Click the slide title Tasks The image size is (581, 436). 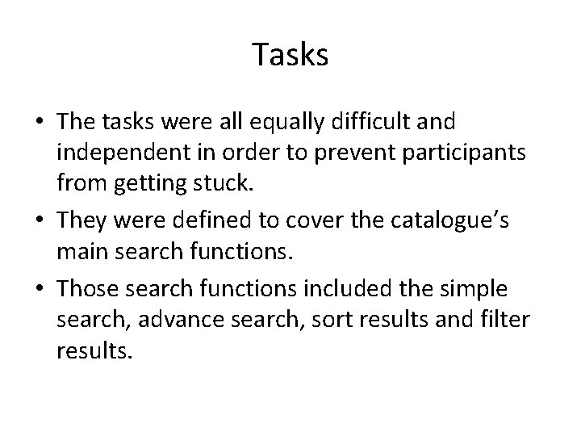click(x=290, y=55)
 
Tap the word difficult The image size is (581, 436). click(x=368, y=122)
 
